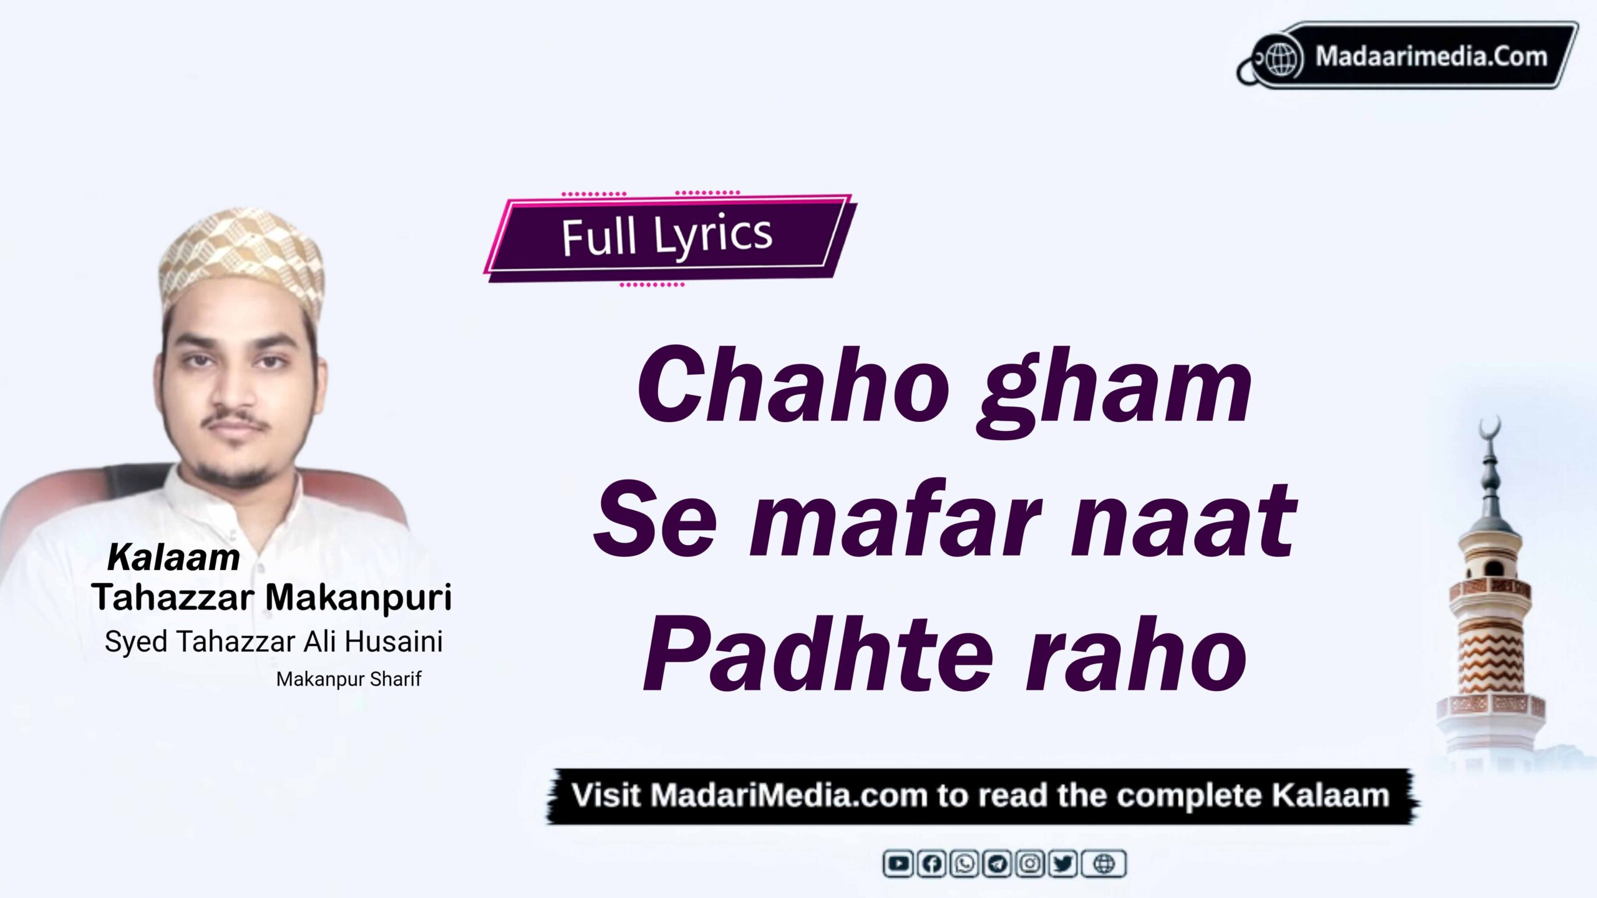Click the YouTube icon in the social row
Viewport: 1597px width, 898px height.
point(898,864)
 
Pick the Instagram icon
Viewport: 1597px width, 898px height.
point(1031,864)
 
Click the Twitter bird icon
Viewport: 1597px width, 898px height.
point(1063,864)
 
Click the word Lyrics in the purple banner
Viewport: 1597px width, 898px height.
point(713,236)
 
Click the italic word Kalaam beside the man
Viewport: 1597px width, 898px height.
point(173,557)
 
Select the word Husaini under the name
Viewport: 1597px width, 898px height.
point(394,641)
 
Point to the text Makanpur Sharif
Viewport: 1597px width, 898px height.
point(349,678)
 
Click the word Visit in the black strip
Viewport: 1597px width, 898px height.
point(606,796)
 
